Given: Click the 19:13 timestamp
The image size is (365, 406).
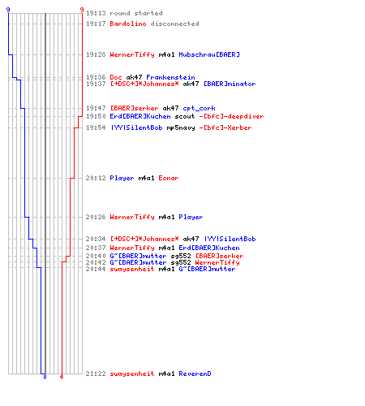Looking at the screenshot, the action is pyautogui.click(x=96, y=13).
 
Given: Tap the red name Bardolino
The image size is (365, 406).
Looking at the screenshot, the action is pyautogui.click(x=128, y=24).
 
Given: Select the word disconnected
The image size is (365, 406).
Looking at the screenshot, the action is pyautogui.click(x=174, y=24).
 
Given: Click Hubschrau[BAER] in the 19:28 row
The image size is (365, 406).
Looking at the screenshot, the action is pyautogui.click(x=209, y=54).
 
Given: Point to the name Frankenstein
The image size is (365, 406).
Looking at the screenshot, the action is pyautogui.click(x=170, y=77).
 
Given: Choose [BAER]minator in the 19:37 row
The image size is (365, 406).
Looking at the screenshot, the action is pyautogui.click(x=230, y=84).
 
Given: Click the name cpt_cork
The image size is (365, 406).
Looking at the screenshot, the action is pyautogui.click(x=199, y=108).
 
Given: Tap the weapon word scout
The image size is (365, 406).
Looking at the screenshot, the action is pyautogui.click(x=185, y=116).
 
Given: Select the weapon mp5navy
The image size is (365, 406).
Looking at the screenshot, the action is pyautogui.click(x=181, y=127).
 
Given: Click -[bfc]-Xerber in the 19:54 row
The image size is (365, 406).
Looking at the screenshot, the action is pyautogui.click(x=225, y=127).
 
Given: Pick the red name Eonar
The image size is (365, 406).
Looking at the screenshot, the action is pyautogui.click(x=169, y=178).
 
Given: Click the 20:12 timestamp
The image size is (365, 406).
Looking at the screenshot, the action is pyautogui.click(x=96, y=178).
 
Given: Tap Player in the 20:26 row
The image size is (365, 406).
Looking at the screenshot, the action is pyautogui.click(x=191, y=217).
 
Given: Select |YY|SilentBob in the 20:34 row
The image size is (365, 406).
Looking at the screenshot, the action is pyautogui.click(x=230, y=239).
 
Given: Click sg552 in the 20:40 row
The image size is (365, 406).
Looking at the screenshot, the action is pyautogui.click(x=181, y=256).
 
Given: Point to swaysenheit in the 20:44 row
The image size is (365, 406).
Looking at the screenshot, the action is pyautogui.click(x=132, y=269).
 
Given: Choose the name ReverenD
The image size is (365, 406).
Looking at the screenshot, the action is pyautogui.click(x=195, y=374).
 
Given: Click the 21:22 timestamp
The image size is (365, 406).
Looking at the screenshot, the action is pyautogui.click(x=96, y=374).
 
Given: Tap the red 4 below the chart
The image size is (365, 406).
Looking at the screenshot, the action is pyautogui.click(x=62, y=377).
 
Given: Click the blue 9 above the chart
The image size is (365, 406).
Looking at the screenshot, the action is pyautogui.click(x=8, y=10).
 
